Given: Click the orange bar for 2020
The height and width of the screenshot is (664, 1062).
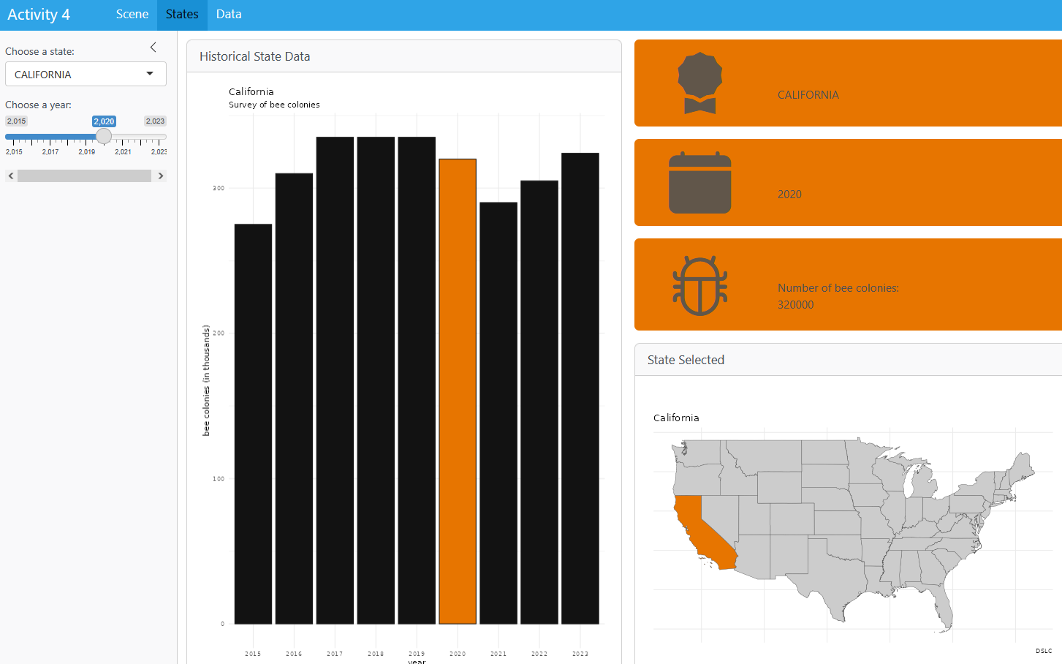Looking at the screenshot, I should [458, 391].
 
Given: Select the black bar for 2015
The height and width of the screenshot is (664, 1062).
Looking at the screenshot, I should [253, 424].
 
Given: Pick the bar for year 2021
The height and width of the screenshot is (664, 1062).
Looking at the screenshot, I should [498, 413].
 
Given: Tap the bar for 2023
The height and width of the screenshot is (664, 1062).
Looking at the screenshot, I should [580, 388].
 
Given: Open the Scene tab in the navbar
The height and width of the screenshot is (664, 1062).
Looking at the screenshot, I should [132, 15].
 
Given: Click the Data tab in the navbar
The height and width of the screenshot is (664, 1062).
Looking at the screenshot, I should [229, 15].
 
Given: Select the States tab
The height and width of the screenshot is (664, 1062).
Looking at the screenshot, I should [182, 15].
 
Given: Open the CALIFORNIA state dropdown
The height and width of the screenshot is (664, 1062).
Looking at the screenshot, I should [86, 74].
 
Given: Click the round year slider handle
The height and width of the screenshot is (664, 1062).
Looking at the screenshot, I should [104, 136].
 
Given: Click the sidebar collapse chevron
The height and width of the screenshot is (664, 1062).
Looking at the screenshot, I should [153, 48].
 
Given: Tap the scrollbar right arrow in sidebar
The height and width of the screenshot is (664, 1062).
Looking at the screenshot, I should [161, 176].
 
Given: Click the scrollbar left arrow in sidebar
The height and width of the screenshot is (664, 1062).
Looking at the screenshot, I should [11, 176].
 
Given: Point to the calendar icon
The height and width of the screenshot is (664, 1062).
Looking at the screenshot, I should [700, 183].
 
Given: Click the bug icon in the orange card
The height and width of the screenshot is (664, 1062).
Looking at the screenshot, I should [700, 285].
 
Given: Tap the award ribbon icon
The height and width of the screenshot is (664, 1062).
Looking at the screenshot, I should [700, 83].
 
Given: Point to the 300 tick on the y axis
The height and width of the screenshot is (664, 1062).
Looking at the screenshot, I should [219, 189].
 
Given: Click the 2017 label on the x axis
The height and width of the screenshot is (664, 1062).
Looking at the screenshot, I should [335, 654].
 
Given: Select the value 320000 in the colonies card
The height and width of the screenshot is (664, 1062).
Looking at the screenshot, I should [795, 305].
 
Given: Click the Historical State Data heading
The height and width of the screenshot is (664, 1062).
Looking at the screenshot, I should [255, 56].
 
